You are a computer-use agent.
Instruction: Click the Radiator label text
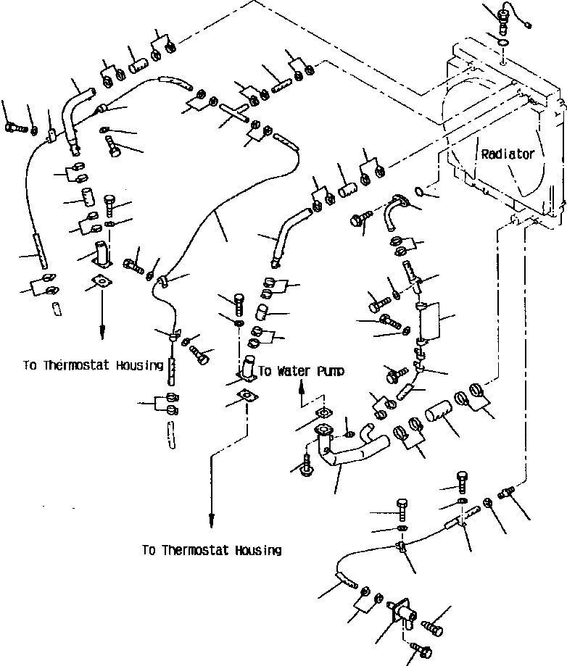508,154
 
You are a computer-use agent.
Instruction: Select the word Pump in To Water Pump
330,371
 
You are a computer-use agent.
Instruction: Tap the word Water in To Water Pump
293,371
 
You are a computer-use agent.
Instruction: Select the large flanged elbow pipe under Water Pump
348,451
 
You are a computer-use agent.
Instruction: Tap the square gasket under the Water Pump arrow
321,414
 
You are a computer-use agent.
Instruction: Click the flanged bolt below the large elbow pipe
306,467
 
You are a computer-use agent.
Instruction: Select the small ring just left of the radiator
418,191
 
